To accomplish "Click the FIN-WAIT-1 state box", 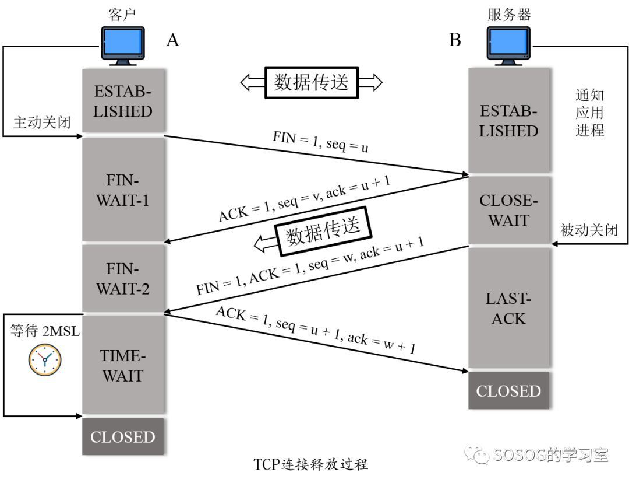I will pyautogui.click(x=122, y=190).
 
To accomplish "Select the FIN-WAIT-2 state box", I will pyautogui.click(x=122, y=278).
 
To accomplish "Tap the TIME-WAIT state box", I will pyautogui.click(x=122, y=365).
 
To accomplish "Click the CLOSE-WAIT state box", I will pyautogui.click(x=508, y=210).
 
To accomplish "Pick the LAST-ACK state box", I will pyautogui.click(x=508, y=308).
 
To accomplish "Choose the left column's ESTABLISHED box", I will pyautogui.click(x=122, y=101).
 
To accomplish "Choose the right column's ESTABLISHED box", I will pyautogui.click(x=508, y=121).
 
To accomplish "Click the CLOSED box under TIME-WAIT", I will pyautogui.click(x=122, y=437).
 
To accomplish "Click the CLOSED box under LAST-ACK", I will pyautogui.click(x=508, y=391).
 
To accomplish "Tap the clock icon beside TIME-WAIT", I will pyautogui.click(x=45, y=359).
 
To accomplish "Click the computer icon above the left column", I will pyautogui.click(x=123, y=45).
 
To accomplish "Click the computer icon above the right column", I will pyautogui.click(x=508, y=45).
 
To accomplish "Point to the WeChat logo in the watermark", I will pyautogui.click(x=476, y=453).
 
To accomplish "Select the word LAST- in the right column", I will pyautogui.click(x=508, y=299).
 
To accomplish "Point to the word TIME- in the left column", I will pyautogui.click(x=122, y=355).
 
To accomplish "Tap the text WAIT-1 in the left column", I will pyautogui.click(x=122, y=200).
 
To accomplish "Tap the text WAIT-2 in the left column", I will pyautogui.click(x=122, y=289).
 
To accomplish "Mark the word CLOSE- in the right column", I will pyautogui.click(x=508, y=200).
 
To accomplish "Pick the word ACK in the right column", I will pyautogui.click(x=508, y=318).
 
